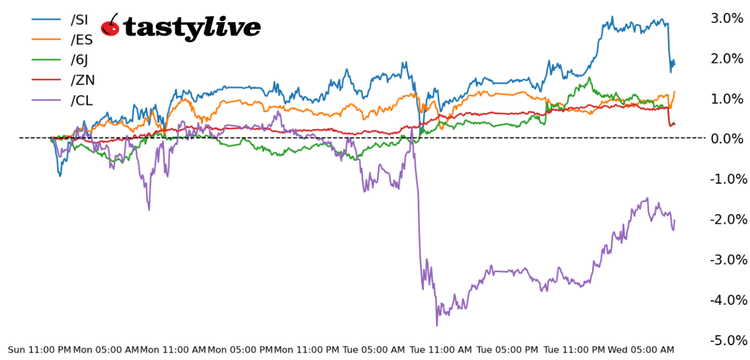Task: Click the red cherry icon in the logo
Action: coord(110,26)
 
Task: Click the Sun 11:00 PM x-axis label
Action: coord(39,350)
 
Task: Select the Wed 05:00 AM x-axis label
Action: coord(641,350)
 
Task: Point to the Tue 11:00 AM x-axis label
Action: coord(441,350)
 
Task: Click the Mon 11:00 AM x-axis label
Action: coord(173,350)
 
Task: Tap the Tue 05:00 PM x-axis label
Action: coord(507,350)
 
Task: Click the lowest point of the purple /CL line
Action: coord(437,326)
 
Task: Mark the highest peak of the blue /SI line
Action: coord(612,17)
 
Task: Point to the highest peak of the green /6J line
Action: coord(589,78)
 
